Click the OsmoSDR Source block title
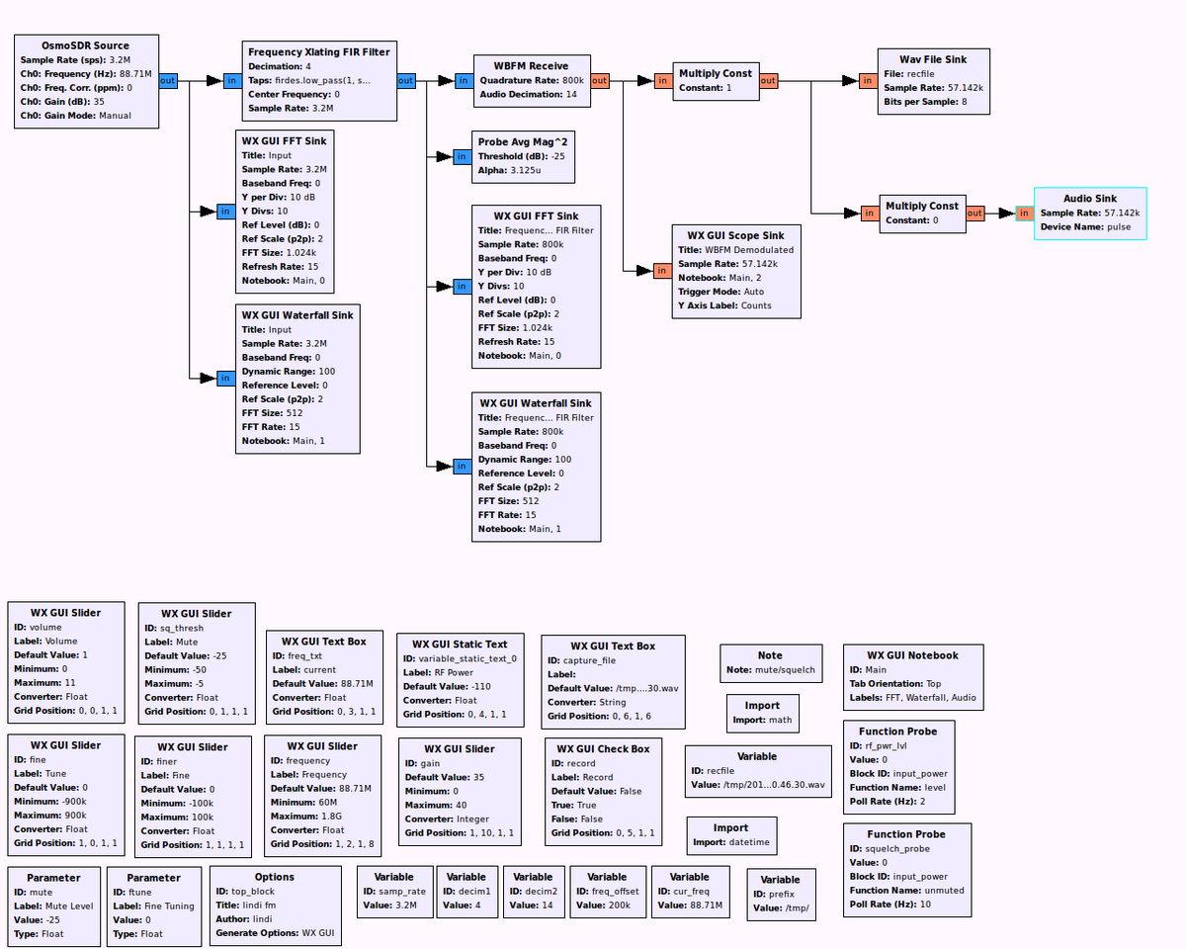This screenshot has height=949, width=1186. [85, 45]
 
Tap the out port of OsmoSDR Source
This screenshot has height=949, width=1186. [168, 81]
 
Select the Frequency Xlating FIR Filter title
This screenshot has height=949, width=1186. [319, 51]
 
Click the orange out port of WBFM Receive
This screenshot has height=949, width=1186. [600, 81]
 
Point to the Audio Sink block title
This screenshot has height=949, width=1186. [1090, 199]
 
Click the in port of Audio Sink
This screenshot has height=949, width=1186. [1024, 213]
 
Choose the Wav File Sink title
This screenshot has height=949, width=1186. [933, 59]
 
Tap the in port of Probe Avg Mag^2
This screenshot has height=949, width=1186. [462, 156]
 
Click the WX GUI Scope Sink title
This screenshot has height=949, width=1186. [735, 235]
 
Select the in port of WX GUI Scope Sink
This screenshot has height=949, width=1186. [661, 270]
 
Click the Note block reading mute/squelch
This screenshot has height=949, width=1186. [770, 662]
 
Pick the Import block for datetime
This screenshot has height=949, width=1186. [730, 835]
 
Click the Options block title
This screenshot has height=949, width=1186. [275, 877]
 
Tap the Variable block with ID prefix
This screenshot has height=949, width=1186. [780, 894]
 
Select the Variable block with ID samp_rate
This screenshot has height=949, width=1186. [393, 891]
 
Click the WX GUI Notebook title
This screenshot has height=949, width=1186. [912, 654]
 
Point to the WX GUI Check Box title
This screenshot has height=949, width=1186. [603, 748]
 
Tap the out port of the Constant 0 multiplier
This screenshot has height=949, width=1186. [974, 213]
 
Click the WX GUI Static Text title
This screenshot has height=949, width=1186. [460, 645]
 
